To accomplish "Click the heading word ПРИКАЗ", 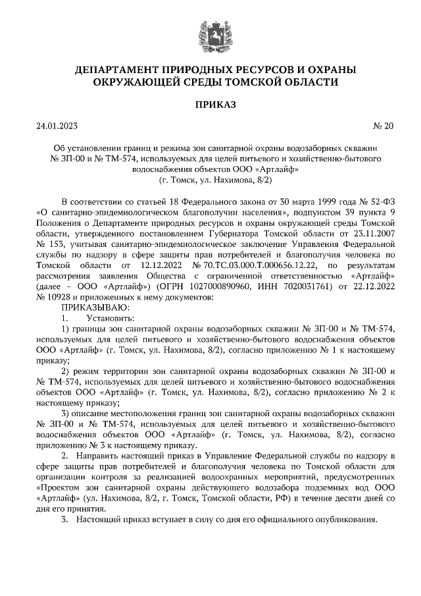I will pos(210,104).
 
